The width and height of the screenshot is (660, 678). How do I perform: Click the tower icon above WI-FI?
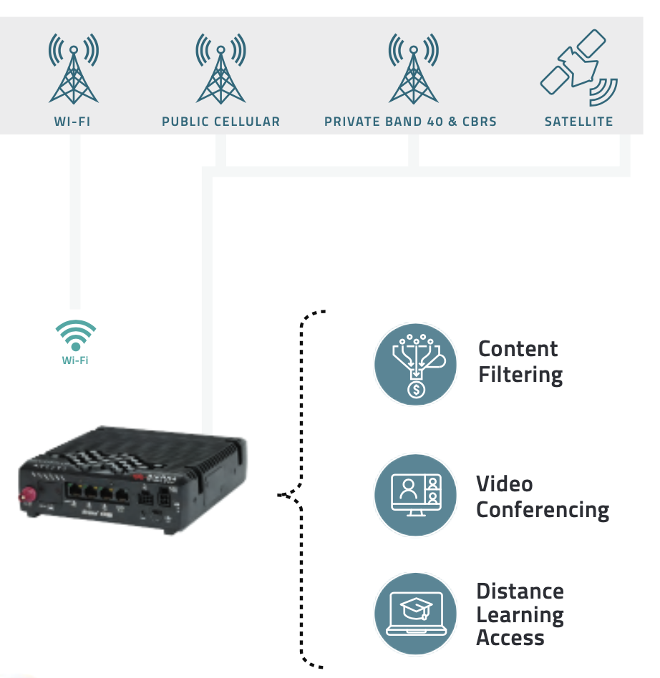point(73,69)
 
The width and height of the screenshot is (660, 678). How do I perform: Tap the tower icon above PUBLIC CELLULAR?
point(220,69)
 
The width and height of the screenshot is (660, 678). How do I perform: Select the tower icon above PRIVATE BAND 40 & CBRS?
point(413,69)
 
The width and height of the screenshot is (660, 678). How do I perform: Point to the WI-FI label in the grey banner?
point(72,122)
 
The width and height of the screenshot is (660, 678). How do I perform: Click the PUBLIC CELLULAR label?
point(220,122)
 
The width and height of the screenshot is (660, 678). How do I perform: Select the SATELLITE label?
point(578,122)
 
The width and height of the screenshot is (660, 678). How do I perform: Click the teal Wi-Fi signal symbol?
point(75,334)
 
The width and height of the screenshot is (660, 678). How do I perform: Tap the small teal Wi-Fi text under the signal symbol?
point(75,360)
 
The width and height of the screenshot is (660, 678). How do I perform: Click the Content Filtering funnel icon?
point(416,364)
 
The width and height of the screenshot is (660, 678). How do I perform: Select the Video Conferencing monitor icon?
point(416,495)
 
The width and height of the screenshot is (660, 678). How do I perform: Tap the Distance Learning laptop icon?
point(416,613)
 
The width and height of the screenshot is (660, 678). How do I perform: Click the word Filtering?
point(520,375)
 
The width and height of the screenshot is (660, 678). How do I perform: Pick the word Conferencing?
point(543,510)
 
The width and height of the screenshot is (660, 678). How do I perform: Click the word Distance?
point(520,591)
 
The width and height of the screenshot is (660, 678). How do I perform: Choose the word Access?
point(510,637)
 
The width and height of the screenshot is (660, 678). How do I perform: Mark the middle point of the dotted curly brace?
point(281,493)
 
